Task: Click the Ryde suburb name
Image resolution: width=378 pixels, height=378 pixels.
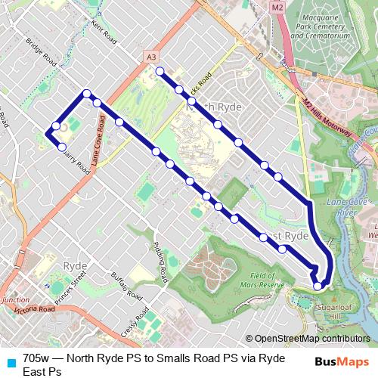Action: [x=75, y=266]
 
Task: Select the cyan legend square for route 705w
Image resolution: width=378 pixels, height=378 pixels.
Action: [x=11, y=361]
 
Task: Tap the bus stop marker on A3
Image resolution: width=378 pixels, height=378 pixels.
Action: [x=98, y=103]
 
